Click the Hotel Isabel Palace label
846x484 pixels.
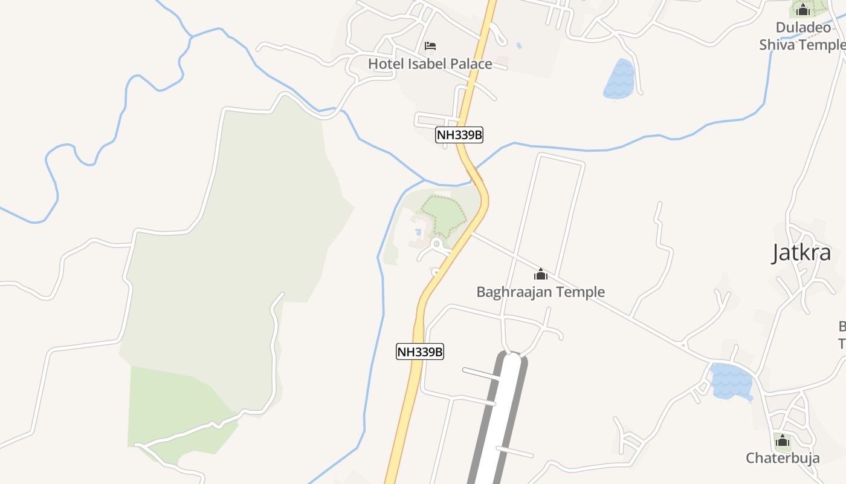[430, 64]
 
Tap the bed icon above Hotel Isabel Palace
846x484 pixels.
[430, 45]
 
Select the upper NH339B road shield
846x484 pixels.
[459, 135]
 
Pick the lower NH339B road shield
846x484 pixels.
[420, 352]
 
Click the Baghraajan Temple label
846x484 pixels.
[540, 292]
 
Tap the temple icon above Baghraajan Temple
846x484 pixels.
[541, 275]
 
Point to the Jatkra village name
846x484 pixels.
[801, 253]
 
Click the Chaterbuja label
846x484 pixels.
[783, 458]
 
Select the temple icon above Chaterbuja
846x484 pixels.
[783, 441]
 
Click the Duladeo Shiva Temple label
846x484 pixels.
[802, 36]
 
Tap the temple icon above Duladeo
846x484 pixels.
[802, 10]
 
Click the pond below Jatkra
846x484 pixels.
[731, 381]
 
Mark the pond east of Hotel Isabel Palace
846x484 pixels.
[619, 79]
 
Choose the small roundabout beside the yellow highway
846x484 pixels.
[436, 244]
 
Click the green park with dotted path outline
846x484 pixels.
[444, 215]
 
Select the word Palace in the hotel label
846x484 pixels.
[470, 64]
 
